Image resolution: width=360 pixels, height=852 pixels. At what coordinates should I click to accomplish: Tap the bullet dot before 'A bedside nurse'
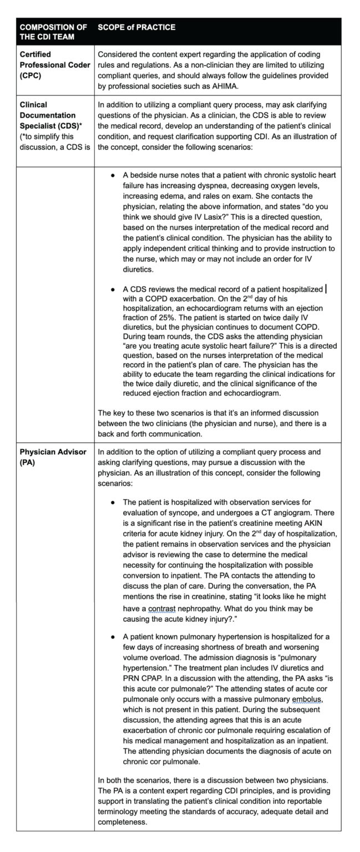[113, 175]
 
